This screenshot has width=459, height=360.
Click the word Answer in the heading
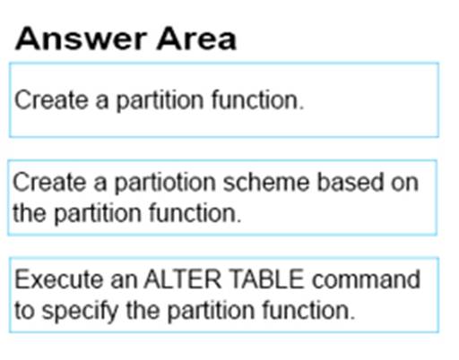82,39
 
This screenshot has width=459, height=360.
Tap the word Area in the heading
196,39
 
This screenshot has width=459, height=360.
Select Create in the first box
51,100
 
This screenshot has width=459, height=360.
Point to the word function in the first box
257,100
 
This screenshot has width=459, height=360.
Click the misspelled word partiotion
165,183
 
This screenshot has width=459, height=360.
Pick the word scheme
266,182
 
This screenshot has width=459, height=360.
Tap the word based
350,182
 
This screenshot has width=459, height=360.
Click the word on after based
405,184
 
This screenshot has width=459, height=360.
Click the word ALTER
183,279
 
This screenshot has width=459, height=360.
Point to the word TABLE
267,279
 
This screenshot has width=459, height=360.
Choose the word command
366,279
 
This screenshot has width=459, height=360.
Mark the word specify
80,312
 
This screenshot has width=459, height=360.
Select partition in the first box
160,101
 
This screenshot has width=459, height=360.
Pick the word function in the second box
195,213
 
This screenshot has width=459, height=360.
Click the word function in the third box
308,311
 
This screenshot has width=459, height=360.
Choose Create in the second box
49,182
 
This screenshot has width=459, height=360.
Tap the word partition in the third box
211,312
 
